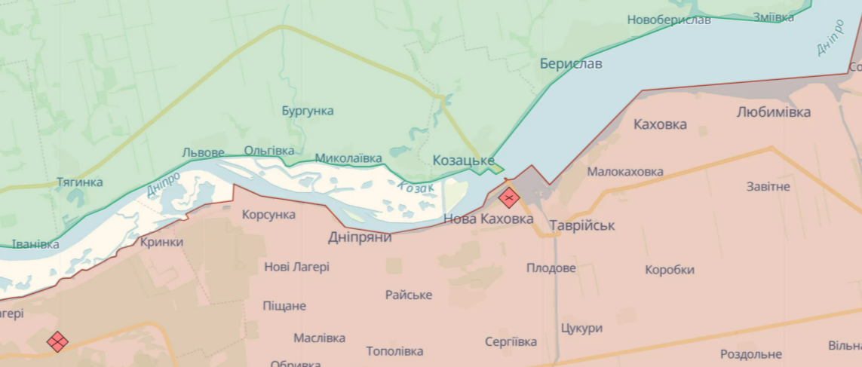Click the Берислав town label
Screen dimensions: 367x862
click(x=571, y=64)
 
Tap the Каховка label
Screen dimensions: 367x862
click(x=660, y=124)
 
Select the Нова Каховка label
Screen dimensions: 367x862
click(x=488, y=219)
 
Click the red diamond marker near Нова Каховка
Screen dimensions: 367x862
click(x=509, y=198)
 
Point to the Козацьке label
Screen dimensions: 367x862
click(x=463, y=161)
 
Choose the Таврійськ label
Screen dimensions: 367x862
click(x=582, y=225)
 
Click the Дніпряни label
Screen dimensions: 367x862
click(x=360, y=237)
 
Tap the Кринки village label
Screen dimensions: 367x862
click(x=161, y=243)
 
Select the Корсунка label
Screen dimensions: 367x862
click(x=268, y=215)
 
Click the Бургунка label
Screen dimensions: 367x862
click(x=307, y=111)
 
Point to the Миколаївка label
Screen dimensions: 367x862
click(x=348, y=158)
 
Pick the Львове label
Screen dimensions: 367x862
click(x=203, y=152)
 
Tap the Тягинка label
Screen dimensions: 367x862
click(x=80, y=182)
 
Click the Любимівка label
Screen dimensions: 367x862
click(x=774, y=112)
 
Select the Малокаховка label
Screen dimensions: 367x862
click(x=625, y=172)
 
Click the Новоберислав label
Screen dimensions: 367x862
click(x=669, y=20)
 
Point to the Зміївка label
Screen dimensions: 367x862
click(x=773, y=17)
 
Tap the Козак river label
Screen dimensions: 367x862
click(x=416, y=189)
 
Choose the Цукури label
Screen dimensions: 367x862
click(x=581, y=329)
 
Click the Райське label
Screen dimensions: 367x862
click(x=409, y=295)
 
